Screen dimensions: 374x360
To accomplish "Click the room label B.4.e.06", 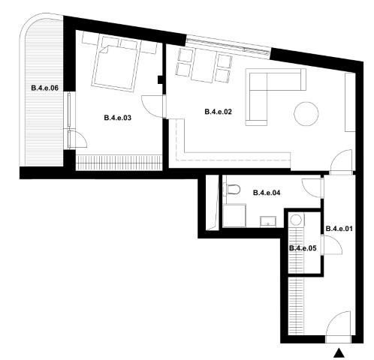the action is click(45, 88).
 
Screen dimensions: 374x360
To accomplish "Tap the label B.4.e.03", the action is click(117, 118).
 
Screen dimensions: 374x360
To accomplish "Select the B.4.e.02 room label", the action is click(219, 112).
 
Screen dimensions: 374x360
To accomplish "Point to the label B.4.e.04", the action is click(267, 193).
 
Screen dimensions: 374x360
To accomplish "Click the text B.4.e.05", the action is click(303, 248).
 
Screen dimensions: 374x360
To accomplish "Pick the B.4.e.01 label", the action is click(339, 229).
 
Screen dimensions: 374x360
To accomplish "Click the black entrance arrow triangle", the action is click(339, 352).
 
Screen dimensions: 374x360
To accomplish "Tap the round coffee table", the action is click(306, 114).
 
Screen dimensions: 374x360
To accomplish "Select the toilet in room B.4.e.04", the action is click(231, 189).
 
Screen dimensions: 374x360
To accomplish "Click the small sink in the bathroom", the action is click(268, 222).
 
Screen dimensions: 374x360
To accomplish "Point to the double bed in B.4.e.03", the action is click(116, 65).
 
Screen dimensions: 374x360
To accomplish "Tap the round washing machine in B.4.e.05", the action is click(297, 220).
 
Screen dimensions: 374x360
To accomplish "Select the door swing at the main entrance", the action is click(338, 327).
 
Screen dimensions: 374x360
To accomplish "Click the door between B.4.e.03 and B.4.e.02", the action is click(154, 106).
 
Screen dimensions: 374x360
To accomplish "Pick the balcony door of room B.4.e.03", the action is click(77, 139).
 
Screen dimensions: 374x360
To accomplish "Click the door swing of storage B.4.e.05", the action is click(333, 244).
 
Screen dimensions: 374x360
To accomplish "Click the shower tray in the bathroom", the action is click(234, 215).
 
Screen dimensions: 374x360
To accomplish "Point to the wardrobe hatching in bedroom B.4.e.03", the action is click(118, 163).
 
